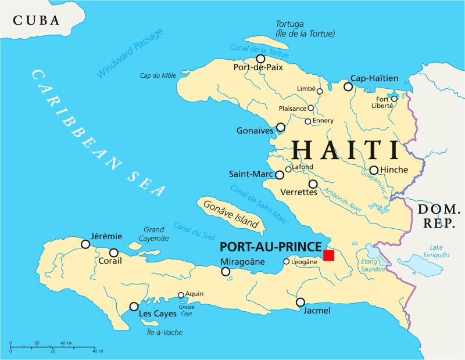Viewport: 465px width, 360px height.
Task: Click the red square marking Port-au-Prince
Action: [x=329, y=255]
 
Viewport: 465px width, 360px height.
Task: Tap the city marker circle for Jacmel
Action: [x=301, y=302]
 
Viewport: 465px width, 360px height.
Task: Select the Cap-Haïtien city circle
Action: [x=348, y=87]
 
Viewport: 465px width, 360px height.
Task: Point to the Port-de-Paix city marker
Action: [x=260, y=59]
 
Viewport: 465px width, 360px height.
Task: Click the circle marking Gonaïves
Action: [x=281, y=127]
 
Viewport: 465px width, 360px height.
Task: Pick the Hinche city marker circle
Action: [x=374, y=170]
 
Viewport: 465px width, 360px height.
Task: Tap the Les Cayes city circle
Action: [x=134, y=306]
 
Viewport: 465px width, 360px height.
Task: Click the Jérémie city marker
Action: [x=85, y=244]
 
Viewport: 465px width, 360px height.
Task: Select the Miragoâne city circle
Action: [x=226, y=271]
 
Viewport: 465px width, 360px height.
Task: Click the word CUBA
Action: [x=37, y=21]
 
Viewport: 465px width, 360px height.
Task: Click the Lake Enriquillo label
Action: [x=436, y=251]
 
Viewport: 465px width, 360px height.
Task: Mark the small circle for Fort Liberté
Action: [x=394, y=99]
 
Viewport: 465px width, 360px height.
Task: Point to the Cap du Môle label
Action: [x=158, y=75]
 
